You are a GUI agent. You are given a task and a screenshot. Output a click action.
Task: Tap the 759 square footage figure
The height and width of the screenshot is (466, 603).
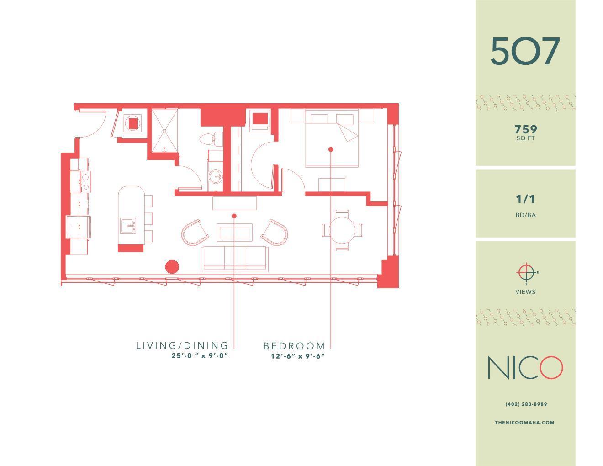525,130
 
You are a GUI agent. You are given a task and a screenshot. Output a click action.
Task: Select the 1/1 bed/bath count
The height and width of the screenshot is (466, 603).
525,199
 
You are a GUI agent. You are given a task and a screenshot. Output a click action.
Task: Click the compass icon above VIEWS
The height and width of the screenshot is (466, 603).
526,273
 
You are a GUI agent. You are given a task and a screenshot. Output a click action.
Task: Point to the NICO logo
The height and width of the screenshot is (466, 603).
525,368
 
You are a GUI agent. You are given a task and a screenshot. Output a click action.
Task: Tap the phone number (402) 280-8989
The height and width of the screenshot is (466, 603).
526,404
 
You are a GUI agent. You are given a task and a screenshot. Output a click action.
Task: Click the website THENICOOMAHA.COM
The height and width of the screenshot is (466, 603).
524,423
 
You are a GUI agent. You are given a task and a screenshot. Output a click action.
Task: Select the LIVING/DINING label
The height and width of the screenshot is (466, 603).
182,346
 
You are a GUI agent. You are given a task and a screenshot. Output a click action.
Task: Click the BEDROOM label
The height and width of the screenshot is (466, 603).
294,346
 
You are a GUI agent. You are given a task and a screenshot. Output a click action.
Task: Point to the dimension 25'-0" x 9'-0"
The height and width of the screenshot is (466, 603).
200,356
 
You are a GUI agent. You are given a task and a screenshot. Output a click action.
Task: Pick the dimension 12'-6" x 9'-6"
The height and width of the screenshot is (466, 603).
297,356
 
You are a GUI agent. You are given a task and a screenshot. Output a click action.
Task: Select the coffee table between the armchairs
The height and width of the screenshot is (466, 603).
235,233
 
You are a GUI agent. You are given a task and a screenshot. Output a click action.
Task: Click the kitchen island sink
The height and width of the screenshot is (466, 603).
128,226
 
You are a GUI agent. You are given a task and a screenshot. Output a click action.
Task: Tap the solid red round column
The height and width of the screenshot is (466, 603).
172,266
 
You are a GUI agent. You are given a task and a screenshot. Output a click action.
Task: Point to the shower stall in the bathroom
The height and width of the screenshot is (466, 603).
164,130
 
